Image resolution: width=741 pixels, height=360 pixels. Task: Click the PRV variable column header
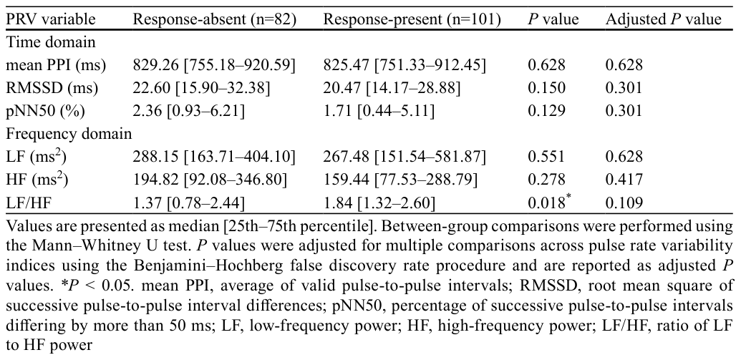tap(51, 19)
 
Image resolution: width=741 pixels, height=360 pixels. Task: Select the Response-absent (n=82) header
tap(215, 19)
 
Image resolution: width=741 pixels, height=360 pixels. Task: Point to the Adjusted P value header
tap(664, 19)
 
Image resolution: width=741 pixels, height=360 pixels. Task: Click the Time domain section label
tap(51, 42)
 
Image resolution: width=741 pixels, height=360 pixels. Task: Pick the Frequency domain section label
tap(69, 134)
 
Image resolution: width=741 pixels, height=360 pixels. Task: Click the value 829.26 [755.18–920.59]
tap(215, 65)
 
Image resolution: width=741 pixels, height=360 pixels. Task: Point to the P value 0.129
tap(546, 110)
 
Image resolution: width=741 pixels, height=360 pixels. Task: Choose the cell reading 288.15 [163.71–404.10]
tap(215, 157)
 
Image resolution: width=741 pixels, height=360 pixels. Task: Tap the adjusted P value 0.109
tap(624, 203)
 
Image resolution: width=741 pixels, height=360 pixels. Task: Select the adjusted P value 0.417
tap(624, 180)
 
